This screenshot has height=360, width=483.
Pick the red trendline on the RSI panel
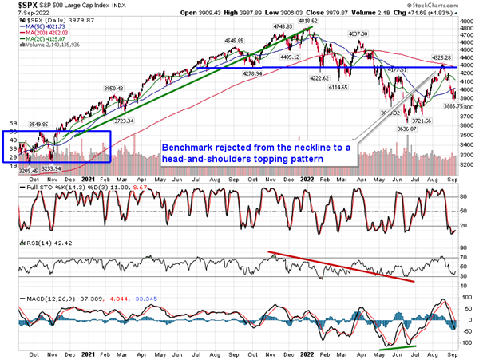(344, 267)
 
